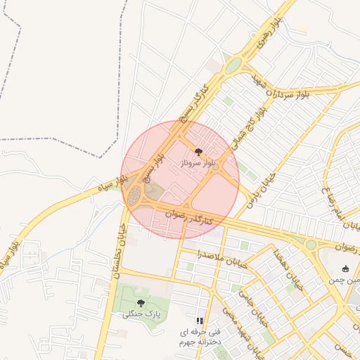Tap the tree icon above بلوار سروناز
(x=198, y=151)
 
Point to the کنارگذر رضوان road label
(x=189, y=216)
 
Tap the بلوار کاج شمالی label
(x=253, y=120)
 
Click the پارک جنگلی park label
(x=142, y=314)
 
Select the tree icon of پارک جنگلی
(x=141, y=303)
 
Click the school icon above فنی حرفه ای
(x=200, y=321)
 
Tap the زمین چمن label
(x=345, y=279)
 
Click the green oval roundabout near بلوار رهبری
(x=233, y=65)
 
